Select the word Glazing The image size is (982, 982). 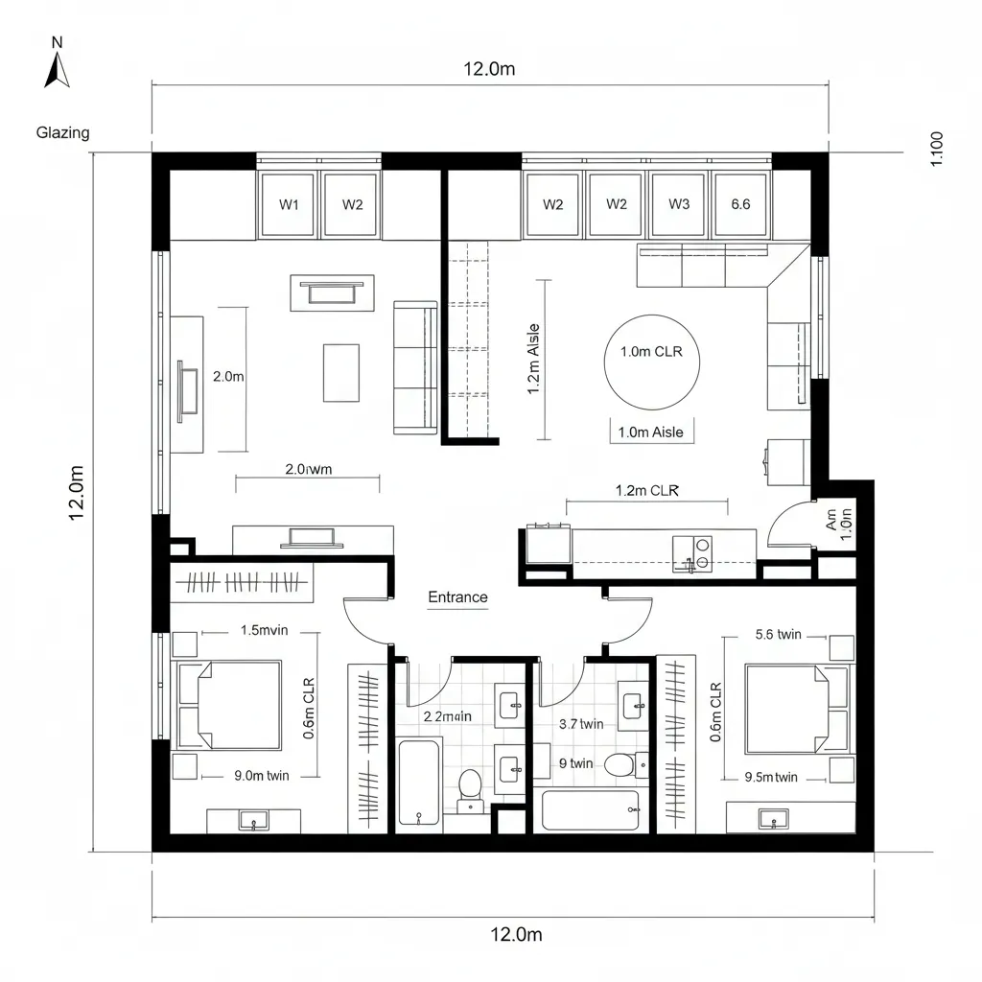click(63, 133)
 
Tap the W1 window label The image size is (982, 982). click(289, 204)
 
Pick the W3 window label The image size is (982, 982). click(679, 204)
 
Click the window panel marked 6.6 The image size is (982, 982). click(740, 204)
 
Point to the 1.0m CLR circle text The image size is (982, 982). click(651, 352)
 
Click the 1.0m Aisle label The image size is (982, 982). click(651, 433)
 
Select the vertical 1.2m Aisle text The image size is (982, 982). click(533, 360)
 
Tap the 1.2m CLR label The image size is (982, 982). click(646, 490)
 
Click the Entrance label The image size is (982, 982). click(457, 597)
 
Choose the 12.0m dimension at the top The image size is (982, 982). click(489, 69)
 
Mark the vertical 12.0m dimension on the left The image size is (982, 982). click(77, 493)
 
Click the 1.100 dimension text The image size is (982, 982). click(937, 149)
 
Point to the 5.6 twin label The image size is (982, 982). click(778, 634)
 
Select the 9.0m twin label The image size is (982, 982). click(262, 776)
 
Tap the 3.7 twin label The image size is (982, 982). click(580, 724)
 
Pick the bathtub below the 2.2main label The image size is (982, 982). click(420, 782)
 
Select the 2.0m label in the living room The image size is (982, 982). click(227, 377)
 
